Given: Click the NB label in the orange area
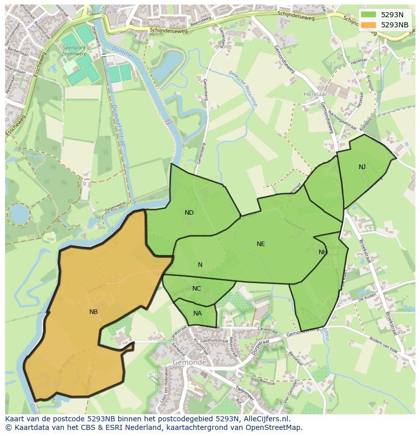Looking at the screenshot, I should point(93,312).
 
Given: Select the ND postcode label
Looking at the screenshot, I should point(189,213).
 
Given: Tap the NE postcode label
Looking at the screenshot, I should point(261,244).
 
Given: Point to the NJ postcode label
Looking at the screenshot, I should point(362,167).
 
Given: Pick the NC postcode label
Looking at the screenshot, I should point(197,289).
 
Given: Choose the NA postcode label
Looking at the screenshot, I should point(197,313).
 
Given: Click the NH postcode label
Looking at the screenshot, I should point(323,252).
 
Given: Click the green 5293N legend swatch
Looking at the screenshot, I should point(368,15).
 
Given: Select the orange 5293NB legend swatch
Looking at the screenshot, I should point(368,25).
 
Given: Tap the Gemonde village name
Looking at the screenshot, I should point(189,363).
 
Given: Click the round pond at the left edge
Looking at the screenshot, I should point(19,214).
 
